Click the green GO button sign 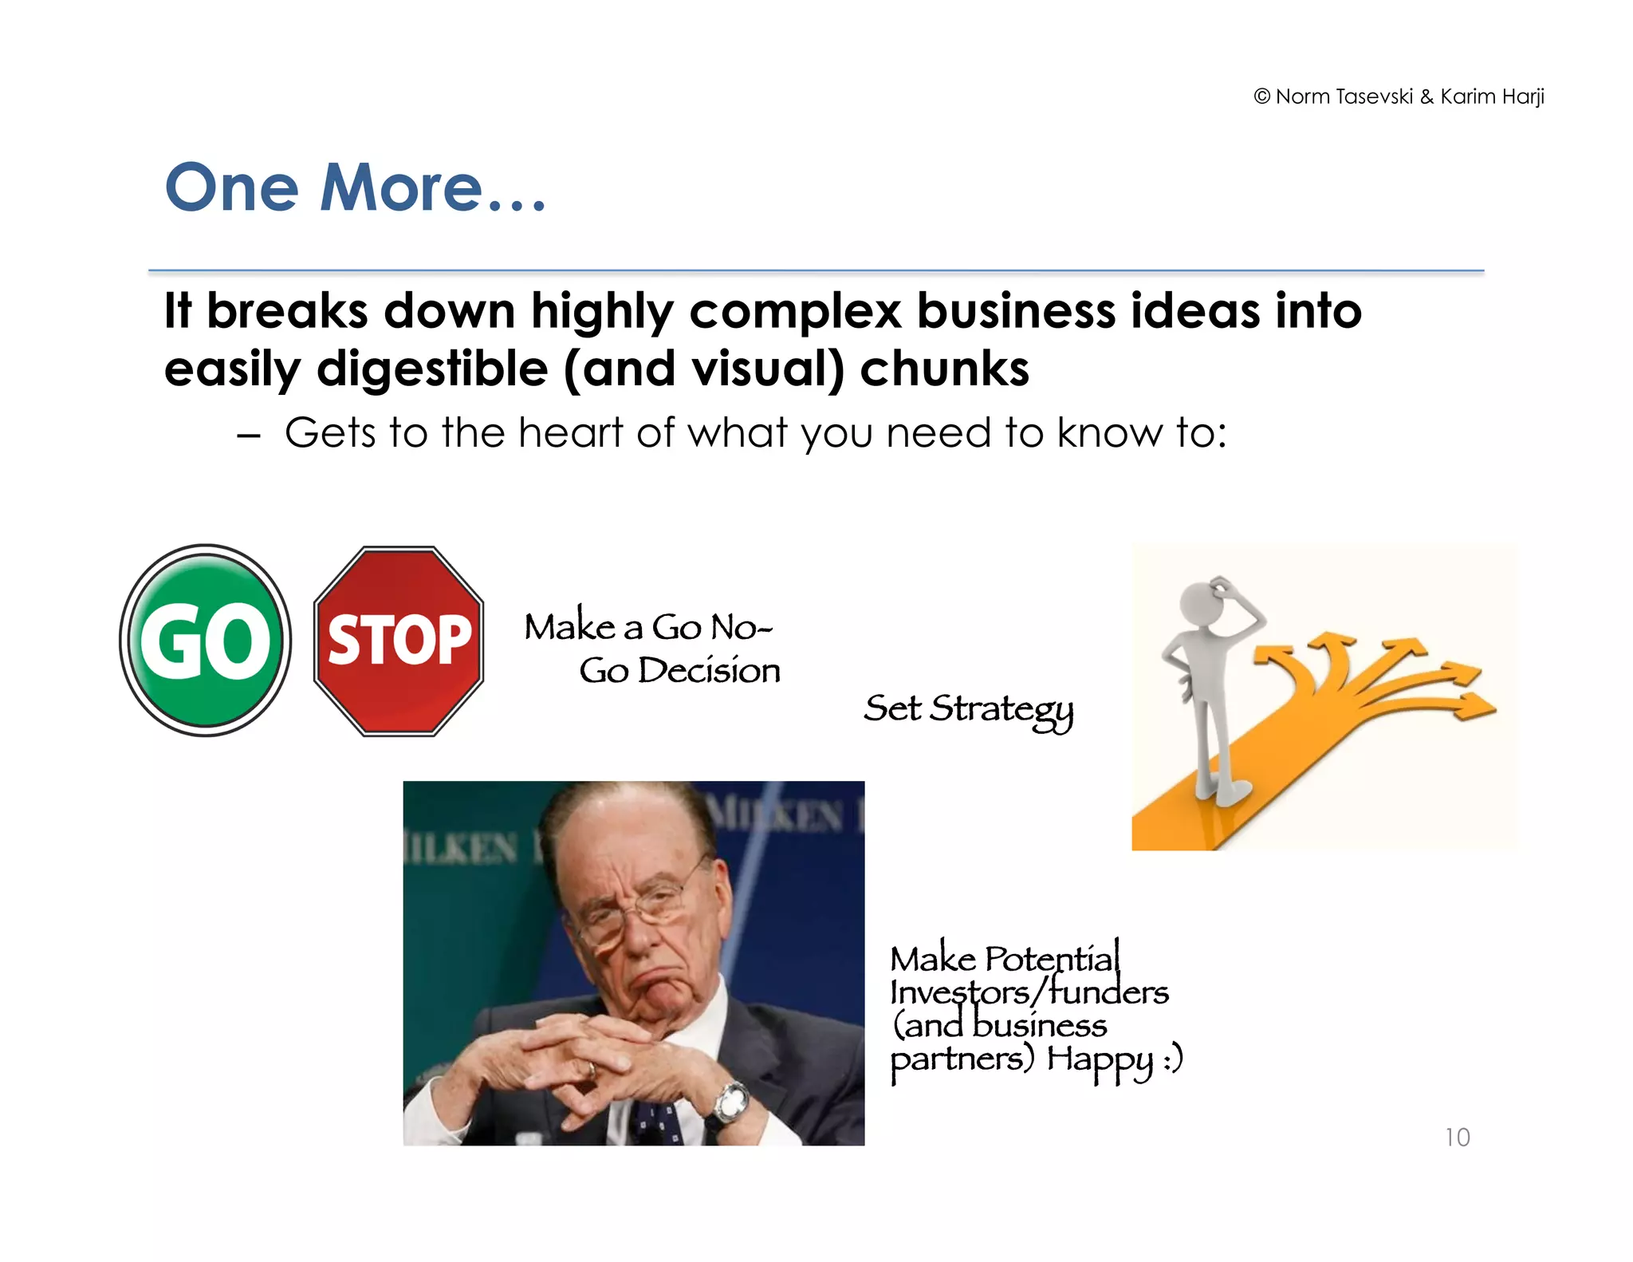click(x=206, y=641)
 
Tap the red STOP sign click(x=399, y=641)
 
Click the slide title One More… click(x=355, y=188)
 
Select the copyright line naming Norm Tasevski click(x=1399, y=97)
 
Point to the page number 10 click(x=1457, y=1137)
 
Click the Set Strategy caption click(x=968, y=709)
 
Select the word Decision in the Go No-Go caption click(x=709, y=671)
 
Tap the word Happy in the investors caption click(x=1100, y=1060)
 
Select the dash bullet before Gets click(x=249, y=436)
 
